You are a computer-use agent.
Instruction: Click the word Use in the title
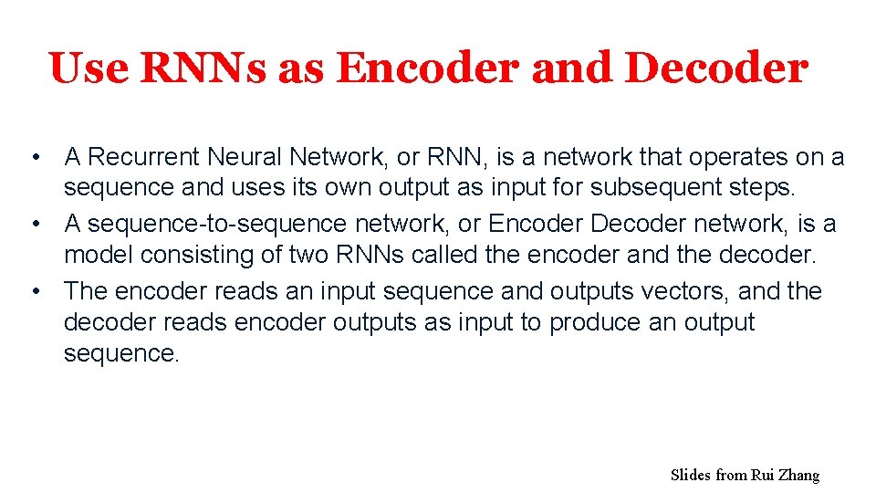click(88, 68)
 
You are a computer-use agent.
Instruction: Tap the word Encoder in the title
click(428, 68)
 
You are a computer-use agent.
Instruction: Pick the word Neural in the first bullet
click(243, 157)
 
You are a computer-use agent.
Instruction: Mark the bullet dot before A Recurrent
click(34, 157)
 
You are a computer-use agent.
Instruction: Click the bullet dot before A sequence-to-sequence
click(34, 224)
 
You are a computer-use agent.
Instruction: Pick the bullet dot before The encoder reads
click(34, 291)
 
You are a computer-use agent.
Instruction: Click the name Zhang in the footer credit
click(798, 475)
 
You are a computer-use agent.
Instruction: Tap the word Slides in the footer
click(691, 475)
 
